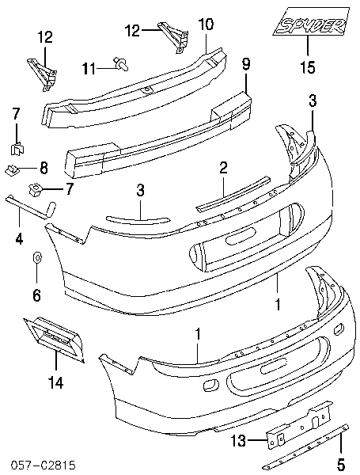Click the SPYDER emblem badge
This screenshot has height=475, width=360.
(311, 21)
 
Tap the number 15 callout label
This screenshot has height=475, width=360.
(308, 66)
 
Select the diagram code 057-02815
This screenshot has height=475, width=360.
(44, 465)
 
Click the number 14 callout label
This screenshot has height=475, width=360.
(56, 382)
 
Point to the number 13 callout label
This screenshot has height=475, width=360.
(239, 440)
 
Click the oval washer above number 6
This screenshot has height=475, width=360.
(37, 258)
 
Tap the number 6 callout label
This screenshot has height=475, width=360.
(36, 294)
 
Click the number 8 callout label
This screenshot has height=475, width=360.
(44, 168)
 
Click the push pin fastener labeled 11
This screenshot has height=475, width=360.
(120, 63)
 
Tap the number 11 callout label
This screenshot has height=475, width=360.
(89, 69)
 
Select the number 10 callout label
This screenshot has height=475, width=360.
(206, 25)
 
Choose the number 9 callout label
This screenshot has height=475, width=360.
(246, 65)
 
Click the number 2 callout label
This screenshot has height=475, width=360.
(223, 168)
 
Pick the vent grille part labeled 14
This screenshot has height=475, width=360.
(53, 336)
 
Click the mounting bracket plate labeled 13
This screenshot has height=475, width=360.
(299, 422)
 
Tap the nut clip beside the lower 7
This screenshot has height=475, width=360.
(35, 190)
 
